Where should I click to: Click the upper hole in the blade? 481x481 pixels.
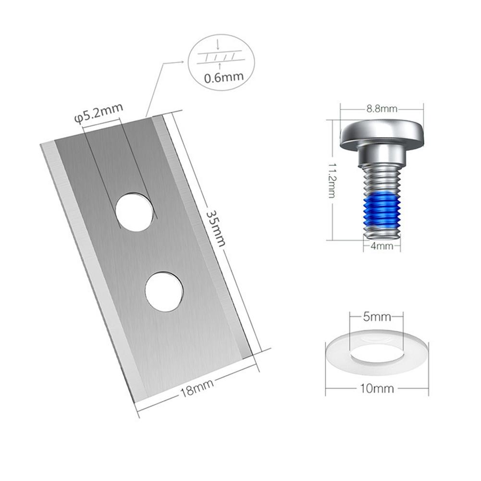click(x=135, y=212)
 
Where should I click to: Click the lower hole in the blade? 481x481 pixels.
click(x=164, y=291)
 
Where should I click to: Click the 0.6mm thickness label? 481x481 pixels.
click(x=221, y=76)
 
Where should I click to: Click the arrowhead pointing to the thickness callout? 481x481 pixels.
click(x=182, y=62)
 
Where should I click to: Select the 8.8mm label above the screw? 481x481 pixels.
click(x=381, y=109)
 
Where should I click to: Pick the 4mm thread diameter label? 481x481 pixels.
click(x=382, y=246)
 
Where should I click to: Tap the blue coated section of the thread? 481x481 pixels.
click(x=382, y=209)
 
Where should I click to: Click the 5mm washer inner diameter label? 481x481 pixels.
click(x=377, y=317)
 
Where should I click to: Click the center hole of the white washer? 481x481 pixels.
click(x=377, y=354)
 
